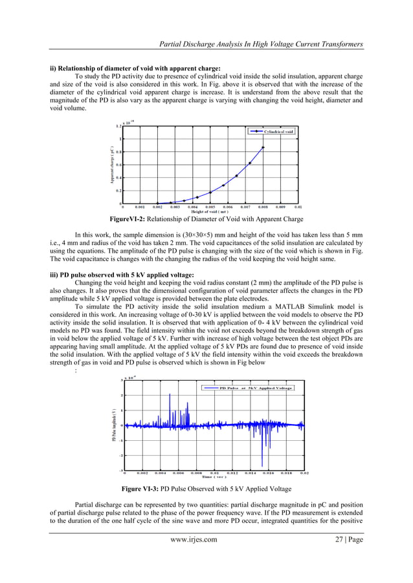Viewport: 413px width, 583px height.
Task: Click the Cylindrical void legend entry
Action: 273,131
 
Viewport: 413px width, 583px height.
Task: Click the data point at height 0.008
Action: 263,147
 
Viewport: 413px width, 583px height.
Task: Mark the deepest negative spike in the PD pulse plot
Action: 262,466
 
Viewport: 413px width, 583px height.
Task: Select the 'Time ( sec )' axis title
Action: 214,479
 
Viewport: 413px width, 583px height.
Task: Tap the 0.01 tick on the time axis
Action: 214,474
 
